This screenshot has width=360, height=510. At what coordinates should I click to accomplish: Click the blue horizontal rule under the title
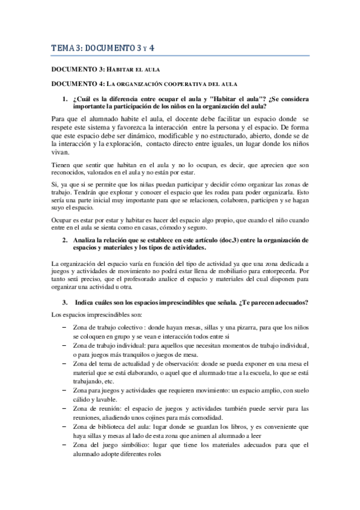tap(180, 56)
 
